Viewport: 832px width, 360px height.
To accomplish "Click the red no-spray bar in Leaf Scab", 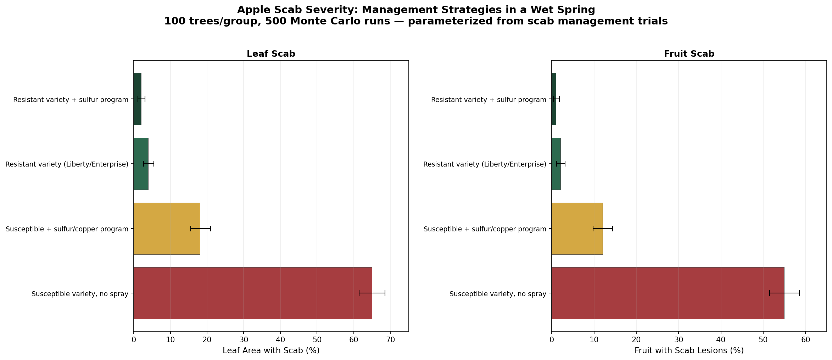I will coord(252,293).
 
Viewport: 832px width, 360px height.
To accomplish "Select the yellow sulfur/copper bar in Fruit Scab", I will coord(577,229).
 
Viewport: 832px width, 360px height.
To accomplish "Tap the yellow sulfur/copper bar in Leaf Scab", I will coord(167,229).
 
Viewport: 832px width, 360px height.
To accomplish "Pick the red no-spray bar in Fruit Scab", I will coord(668,293).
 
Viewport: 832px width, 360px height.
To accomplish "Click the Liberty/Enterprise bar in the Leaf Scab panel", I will coord(141,164).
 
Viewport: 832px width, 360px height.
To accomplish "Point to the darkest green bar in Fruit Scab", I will coord(554,99).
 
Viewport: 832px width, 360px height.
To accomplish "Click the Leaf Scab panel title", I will coord(271,54).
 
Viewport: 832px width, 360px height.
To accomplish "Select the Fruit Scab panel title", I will coord(689,54).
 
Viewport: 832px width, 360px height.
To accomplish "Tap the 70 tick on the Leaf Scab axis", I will coord(390,340).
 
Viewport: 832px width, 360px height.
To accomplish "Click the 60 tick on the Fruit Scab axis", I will coord(805,340).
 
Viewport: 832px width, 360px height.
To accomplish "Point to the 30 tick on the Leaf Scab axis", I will coord(244,340).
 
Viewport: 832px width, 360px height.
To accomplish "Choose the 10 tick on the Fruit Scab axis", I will coord(594,340).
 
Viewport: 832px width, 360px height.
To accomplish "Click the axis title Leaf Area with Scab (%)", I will coord(271,351).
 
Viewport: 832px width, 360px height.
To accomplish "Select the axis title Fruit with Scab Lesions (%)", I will coord(689,351).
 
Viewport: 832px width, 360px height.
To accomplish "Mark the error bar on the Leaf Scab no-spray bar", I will coord(372,293).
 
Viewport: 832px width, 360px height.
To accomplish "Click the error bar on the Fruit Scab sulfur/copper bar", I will coord(603,229).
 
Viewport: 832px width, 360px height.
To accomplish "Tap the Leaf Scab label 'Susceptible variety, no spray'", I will coord(80,294).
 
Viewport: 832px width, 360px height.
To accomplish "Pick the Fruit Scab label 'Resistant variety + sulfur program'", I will coord(488,100).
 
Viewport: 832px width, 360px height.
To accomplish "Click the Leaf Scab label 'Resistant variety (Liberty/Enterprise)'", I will coord(67,164).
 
